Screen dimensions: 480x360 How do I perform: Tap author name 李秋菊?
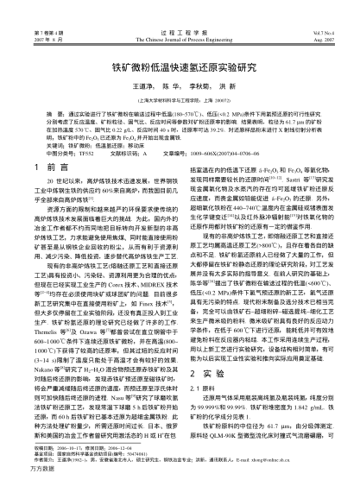point(202,87)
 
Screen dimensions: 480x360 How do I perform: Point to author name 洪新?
point(234,87)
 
